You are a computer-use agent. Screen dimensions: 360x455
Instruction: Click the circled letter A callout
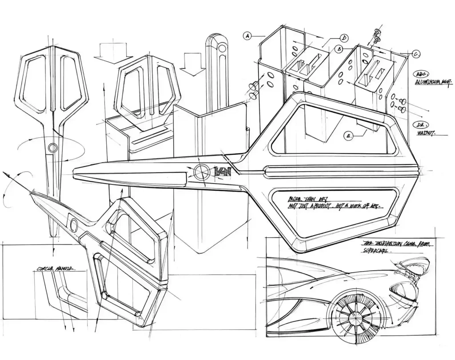(248, 35)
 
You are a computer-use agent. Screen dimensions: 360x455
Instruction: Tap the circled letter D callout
(344, 38)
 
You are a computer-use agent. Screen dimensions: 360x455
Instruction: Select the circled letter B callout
(339, 49)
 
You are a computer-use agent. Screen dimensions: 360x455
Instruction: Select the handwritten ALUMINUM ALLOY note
(433, 83)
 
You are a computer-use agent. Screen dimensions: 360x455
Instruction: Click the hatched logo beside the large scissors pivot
(221, 171)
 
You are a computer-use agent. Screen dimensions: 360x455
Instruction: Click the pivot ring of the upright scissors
(53, 148)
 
